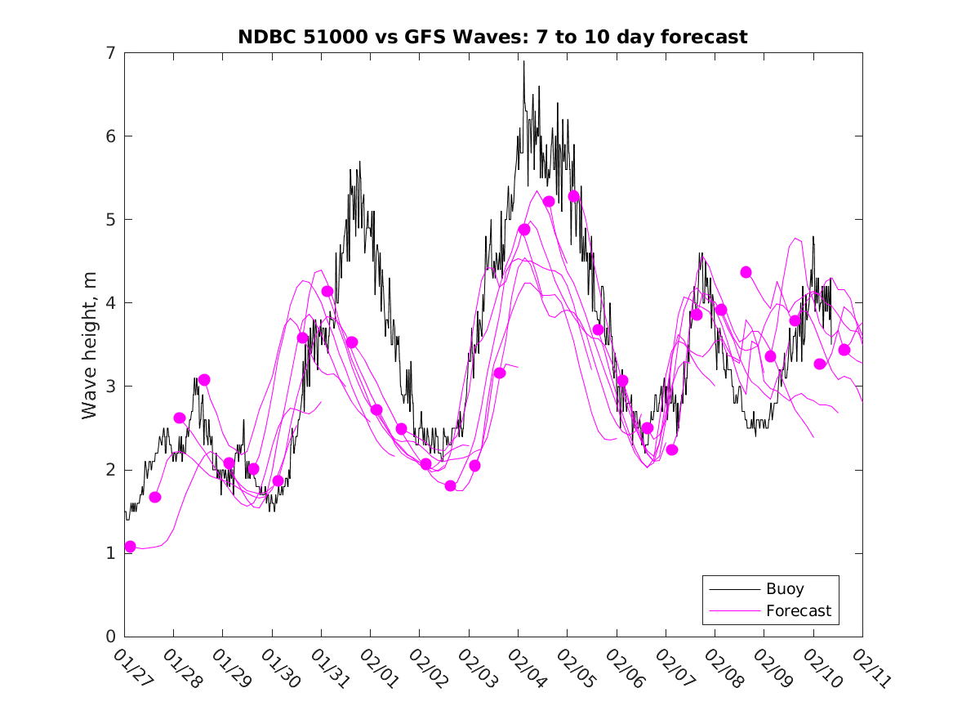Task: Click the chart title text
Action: pyautogui.click(x=492, y=37)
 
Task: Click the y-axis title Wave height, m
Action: pyautogui.click(x=90, y=345)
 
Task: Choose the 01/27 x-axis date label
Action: pyautogui.click(x=131, y=666)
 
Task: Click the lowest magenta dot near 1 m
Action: pyautogui.click(x=130, y=546)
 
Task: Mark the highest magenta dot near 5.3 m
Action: pyautogui.click(x=573, y=196)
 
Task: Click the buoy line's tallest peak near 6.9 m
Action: pyautogui.click(x=523, y=61)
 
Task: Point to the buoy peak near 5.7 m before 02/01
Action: pyautogui.click(x=359, y=162)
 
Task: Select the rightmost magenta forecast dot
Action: pyautogui.click(x=844, y=350)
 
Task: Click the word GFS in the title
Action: pyautogui.click(x=428, y=37)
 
